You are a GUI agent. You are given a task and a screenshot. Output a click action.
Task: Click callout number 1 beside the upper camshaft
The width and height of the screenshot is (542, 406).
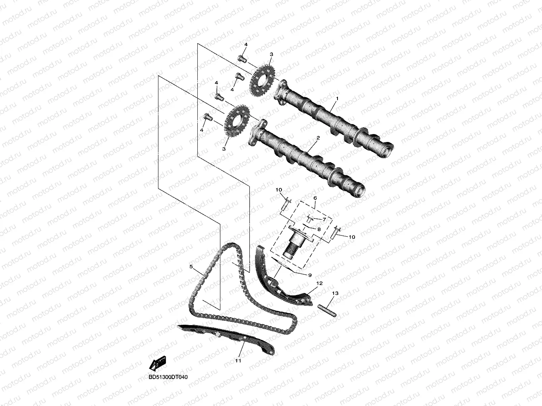[337, 98]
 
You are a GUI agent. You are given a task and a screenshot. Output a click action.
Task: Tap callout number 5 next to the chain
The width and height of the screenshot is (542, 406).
[191, 267]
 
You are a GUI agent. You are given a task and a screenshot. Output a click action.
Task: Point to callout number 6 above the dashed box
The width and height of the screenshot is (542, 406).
[315, 197]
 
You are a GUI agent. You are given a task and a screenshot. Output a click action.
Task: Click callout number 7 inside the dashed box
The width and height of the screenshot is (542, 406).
[324, 219]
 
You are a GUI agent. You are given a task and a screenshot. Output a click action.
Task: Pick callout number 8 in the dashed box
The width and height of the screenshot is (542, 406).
[318, 229]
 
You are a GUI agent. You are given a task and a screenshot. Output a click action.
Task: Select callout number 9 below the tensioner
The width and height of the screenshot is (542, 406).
[309, 274]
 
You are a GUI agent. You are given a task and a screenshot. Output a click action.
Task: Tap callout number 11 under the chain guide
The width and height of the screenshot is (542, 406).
[238, 361]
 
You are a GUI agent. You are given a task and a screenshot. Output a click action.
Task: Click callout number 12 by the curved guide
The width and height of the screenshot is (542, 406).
[319, 283]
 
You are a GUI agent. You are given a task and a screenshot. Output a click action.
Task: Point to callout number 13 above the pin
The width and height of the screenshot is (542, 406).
[335, 293]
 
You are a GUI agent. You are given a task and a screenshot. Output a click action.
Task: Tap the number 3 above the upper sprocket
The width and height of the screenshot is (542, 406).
[271, 54]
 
